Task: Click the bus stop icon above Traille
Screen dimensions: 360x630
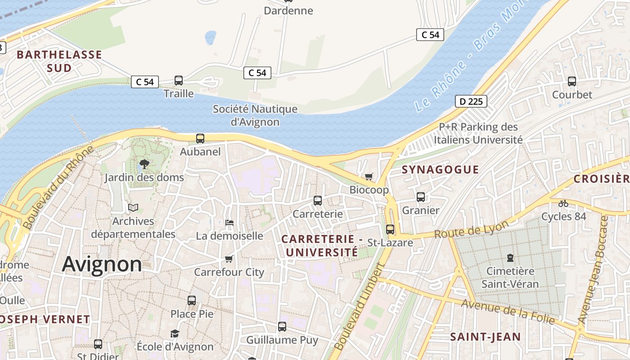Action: point(179,81)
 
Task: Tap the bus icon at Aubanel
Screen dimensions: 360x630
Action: point(200,139)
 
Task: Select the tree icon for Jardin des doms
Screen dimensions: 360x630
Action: point(144,164)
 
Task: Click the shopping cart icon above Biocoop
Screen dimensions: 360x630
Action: point(369,176)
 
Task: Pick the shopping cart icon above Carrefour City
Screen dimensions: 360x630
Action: point(229,259)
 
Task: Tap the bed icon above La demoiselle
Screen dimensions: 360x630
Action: point(229,222)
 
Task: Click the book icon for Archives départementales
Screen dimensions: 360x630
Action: point(133,207)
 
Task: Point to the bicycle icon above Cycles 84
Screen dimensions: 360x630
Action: point(563,203)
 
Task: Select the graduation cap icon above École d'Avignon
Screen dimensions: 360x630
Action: point(175,333)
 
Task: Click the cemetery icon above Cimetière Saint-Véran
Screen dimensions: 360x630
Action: point(510,258)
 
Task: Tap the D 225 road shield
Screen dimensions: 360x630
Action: point(471,101)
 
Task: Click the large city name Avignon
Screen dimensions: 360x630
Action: point(102,264)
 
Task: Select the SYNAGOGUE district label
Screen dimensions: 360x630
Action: point(440,170)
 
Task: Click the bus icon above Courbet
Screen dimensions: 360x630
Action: point(572,81)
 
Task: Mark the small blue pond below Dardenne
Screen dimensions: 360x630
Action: point(210,38)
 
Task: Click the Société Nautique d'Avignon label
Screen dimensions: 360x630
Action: point(255,115)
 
